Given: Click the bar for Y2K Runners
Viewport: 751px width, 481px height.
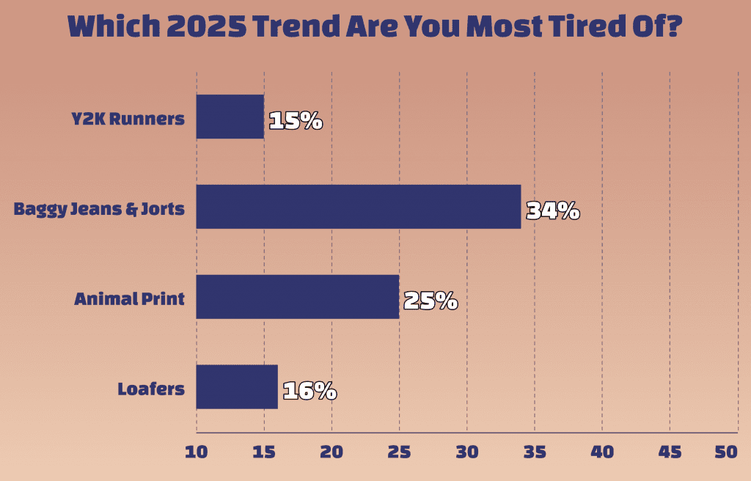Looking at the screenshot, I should pyautogui.click(x=230, y=117).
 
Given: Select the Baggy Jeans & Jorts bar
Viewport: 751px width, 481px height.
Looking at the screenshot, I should pyautogui.click(x=358, y=207).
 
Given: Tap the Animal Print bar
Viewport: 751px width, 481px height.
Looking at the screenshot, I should pyautogui.click(x=297, y=297).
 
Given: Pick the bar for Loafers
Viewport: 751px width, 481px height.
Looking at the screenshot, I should pyautogui.click(x=236, y=386).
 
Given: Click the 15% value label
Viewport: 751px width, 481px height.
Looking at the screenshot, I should pyautogui.click(x=296, y=121).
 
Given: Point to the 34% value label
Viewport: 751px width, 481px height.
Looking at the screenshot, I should pyautogui.click(x=553, y=211).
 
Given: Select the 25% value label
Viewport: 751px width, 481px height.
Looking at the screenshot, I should pyautogui.click(x=431, y=301).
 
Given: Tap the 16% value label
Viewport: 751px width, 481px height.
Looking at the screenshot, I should pyautogui.click(x=309, y=392).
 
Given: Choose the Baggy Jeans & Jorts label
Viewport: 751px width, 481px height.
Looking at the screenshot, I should pyautogui.click(x=100, y=209).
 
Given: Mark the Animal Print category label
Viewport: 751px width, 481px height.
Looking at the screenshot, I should pyautogui.click(x=129, y=299).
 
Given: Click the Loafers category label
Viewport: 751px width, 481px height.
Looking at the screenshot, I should pyautogui.click(x=151, y=389).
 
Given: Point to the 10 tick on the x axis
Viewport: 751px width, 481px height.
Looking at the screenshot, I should pyautogui.click(x=197, y=452).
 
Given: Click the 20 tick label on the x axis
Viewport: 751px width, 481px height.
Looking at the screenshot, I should pyautogui.click(x=331, y=452).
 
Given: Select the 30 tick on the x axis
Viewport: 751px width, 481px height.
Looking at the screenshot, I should pyautogui.click(x=466, y=452).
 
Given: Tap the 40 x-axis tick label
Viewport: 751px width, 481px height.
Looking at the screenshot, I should pyautogui.click(x=602, y=452).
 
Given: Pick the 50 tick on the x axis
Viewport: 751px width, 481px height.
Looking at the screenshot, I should pyautogui.click(x=726, y=452).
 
